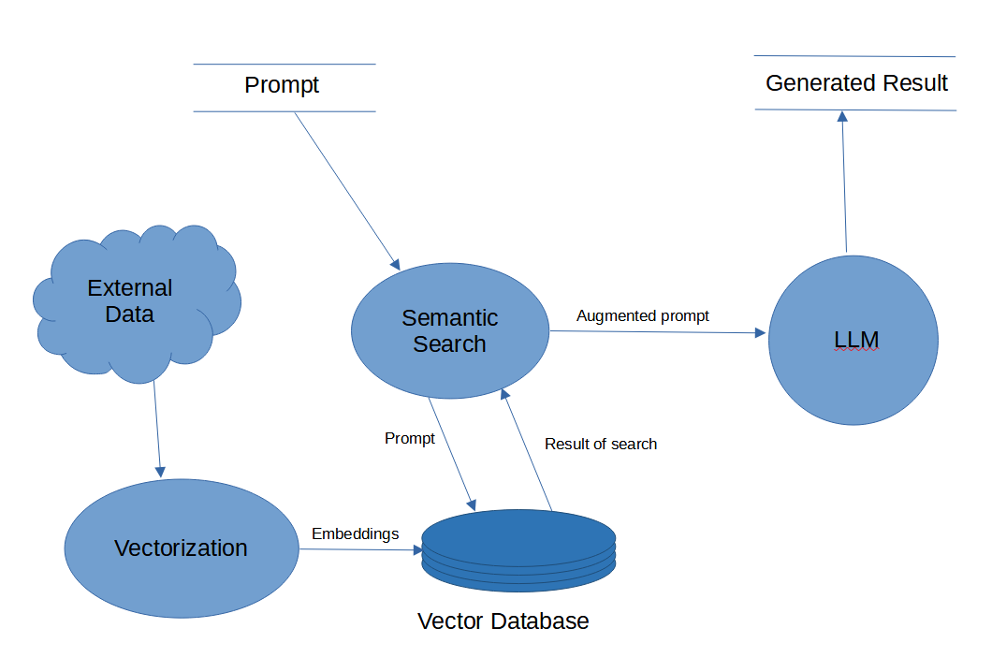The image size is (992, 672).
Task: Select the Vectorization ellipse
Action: pos(181,548)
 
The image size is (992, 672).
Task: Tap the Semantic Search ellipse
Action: pos(449,331)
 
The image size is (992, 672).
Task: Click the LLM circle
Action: pos(853,341)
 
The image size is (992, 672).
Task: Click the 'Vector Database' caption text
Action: pos(503,621)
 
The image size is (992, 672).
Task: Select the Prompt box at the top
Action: pos(283,86)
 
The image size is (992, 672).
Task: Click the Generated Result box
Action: pos(855,83)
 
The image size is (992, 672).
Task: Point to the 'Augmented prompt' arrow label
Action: pos(642,316)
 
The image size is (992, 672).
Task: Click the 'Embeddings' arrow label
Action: pos(355,533)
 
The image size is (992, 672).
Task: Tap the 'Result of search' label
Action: pos(600,444)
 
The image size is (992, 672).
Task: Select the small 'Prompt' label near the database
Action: pos(409,438)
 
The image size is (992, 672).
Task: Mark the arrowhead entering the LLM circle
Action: pos(761,332)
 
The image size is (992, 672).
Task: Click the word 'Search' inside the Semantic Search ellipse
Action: pos(449,344)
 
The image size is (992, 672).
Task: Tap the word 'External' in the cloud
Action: pos(130,287)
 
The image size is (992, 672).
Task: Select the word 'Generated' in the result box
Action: pos(810,83)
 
